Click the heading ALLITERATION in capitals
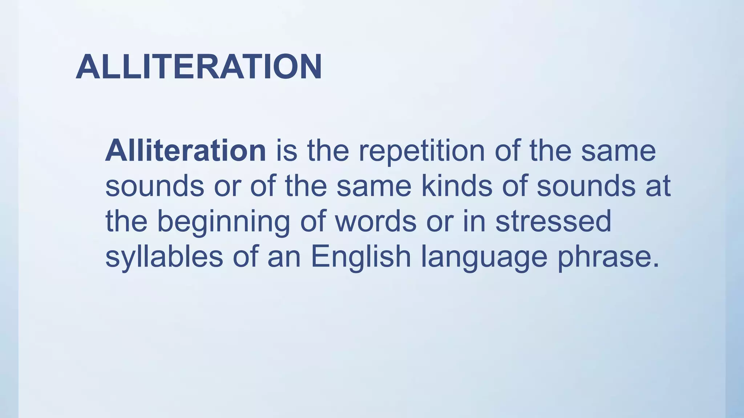[199, 67]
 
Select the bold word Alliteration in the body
[186, 151]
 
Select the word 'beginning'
[223, 222]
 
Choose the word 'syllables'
[164, 257]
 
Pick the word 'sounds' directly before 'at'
[586, 186]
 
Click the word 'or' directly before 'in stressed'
[440, 222]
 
